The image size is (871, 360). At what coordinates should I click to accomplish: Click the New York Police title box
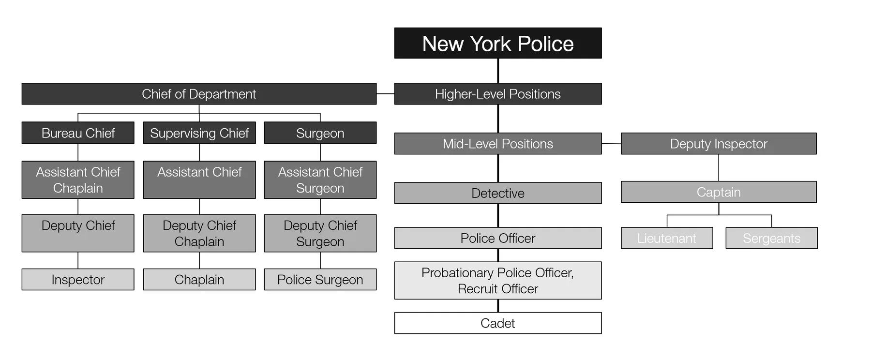tap(498, 43)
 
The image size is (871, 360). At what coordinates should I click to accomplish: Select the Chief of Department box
tap(199, 94)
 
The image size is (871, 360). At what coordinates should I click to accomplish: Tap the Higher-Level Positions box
tap(498, 94)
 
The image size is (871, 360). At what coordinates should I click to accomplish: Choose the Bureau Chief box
tap(78, 133)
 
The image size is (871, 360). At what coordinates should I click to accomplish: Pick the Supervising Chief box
tap(199, 133)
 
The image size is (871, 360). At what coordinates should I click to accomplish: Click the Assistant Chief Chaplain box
tap(78, 180)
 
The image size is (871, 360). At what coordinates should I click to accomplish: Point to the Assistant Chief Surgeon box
tap(320, 180)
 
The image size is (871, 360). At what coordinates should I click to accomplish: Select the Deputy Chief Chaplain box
tap(199, 233)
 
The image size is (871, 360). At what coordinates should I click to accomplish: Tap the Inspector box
tap(78, 280)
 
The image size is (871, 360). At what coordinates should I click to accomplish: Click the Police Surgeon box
tap(320, 280)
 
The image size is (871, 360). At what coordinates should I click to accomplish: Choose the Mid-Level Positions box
tap(498, 144)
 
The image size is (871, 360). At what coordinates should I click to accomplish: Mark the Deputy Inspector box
tap(719, 144)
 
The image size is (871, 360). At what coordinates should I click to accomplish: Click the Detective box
tap(498, 193)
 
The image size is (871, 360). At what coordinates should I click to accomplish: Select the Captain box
tap(719, 192)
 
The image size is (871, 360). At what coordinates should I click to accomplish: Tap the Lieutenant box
tap(667, 238)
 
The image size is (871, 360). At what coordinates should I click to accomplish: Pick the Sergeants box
tap(772, 238)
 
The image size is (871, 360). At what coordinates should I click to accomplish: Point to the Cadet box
tap(498, 323)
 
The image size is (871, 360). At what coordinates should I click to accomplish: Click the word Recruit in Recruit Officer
tap(476, 289)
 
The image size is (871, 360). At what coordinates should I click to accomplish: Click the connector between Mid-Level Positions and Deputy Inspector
tap(612, 144)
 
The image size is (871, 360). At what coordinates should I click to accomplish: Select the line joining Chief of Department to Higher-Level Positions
tap(386, 94)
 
